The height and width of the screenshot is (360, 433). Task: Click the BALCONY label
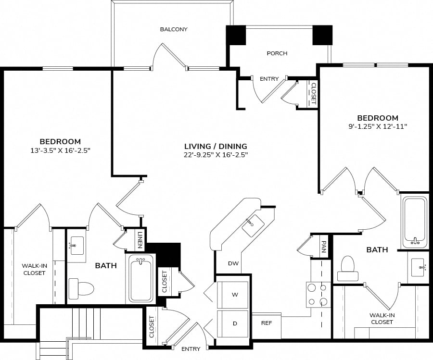click(174, 29)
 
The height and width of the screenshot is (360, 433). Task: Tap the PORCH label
click(277, 53)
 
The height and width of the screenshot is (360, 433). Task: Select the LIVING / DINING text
click(216, 146)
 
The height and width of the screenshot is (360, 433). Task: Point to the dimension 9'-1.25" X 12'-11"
click(378, 126)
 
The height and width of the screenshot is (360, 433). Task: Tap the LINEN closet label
click(140, 239)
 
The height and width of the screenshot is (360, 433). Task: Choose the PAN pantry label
click(324, 247)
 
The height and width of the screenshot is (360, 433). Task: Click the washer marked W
click(233, 295)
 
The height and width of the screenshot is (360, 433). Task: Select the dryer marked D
click(233, 323)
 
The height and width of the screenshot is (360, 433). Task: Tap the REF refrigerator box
click(267, 325)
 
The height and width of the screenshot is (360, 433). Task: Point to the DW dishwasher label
click(233, 263)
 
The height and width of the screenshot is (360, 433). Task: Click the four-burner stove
click(318, 295)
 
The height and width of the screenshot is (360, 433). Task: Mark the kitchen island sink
click(253, 225)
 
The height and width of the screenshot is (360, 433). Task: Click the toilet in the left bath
click(81, 287)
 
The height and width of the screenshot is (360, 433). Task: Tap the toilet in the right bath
click(348, 268)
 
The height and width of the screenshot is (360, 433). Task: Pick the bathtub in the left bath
click(141, 278)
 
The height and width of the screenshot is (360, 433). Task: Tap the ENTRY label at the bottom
click(191, 349)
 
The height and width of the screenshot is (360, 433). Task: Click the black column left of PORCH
click(236, 35)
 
